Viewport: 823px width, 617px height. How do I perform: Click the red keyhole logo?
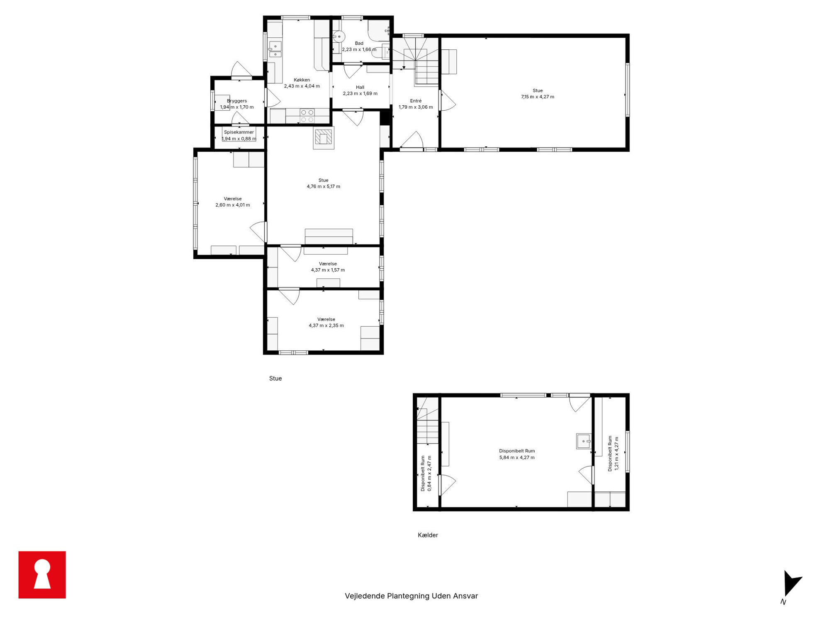pos(42,574)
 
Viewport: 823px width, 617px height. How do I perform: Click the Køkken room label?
pos(302,80)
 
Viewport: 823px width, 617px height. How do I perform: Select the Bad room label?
pos(359,43)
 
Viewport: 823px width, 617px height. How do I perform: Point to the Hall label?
pos(360,87)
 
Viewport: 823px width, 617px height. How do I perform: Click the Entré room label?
pos(416,101)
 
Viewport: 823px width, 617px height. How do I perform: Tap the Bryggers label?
pos(237,101)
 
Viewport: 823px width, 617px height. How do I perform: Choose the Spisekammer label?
pos(239,132)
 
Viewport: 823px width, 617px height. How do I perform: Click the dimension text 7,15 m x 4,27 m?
pos(538,97)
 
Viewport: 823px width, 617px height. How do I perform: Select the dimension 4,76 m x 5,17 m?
pos(324,187)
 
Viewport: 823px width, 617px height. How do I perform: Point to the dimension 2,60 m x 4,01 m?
pos(233,205)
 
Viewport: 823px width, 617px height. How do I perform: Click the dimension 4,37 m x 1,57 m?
pos(328,270)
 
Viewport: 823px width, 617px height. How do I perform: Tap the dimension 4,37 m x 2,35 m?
pos(326,326)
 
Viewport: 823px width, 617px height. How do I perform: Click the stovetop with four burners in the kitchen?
pos(307,116)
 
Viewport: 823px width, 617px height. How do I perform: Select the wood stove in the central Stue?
pos(324,138)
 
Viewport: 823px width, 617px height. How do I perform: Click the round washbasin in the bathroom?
pos(339,36)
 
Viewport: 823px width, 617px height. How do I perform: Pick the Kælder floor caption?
pos(428,535)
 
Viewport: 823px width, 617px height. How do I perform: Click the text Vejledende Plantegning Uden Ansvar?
pos(411,596)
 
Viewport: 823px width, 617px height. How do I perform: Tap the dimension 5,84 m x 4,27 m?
pos(517,457)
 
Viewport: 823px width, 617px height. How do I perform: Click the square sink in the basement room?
pos(583,441)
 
